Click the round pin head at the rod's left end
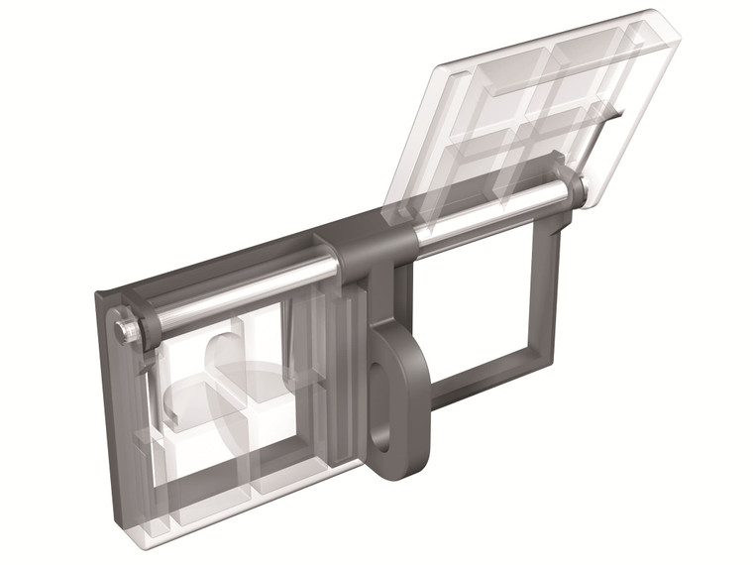coord(126,327)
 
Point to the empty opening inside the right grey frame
coord(476,297)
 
